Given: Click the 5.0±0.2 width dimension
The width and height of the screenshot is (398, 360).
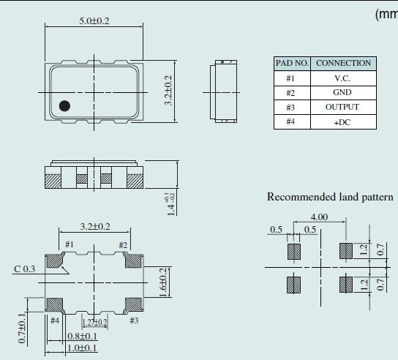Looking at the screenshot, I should tap(94, 20).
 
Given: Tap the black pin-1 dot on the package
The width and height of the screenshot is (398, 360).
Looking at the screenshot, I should tap(64, 106).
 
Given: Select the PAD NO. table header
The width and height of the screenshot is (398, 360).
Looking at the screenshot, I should tap(291, 64).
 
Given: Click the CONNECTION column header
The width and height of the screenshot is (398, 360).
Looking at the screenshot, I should tap(343, 64).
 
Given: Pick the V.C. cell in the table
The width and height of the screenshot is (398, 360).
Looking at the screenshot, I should tap(342, 78).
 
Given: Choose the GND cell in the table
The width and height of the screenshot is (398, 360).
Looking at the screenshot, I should tap(342, 93).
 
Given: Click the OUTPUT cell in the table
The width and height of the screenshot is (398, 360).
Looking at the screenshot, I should tap(342, 108).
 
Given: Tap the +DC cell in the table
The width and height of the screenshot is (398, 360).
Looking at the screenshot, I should tap(342, 122).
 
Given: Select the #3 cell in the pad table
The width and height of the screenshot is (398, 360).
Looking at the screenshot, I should tap(291, 108).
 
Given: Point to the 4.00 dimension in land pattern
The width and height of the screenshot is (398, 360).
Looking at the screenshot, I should tap(318, 217).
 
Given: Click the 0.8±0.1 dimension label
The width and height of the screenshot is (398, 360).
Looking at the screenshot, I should tap(83, 337).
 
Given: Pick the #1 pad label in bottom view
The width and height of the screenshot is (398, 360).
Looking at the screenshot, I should tap(70, 244).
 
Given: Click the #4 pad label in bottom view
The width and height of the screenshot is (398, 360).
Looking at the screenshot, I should tap(54, 320).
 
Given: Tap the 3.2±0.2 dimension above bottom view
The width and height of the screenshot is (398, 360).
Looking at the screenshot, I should tap(95, 227).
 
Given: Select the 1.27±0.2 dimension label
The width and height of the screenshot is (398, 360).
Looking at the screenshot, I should tap(94, 322).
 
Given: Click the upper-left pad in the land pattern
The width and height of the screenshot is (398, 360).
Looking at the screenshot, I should tap(293, 251).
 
